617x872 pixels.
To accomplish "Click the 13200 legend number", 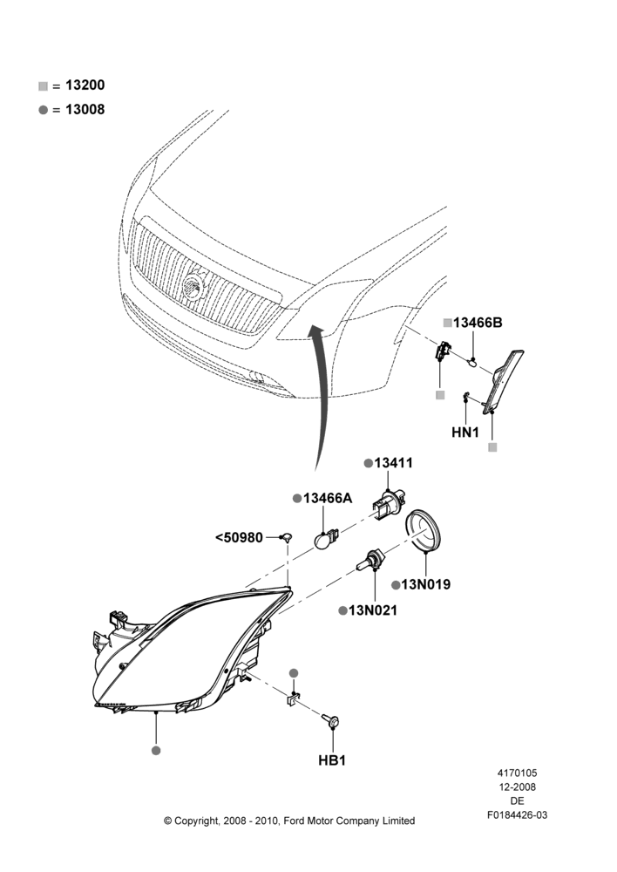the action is point(85,85).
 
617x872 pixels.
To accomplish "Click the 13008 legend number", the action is point(85,110).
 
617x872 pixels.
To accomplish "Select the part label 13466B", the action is point(478,323).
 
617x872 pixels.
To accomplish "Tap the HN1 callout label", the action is point(465,433).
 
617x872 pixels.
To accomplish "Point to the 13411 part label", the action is point(394,463).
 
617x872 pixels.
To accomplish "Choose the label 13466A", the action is point(328,498).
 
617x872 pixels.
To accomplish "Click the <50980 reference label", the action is point(239,538).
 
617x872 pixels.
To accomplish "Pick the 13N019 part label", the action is point(426,584).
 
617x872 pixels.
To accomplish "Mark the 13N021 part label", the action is point(373,610).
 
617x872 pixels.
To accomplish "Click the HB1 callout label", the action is point(332,760).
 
